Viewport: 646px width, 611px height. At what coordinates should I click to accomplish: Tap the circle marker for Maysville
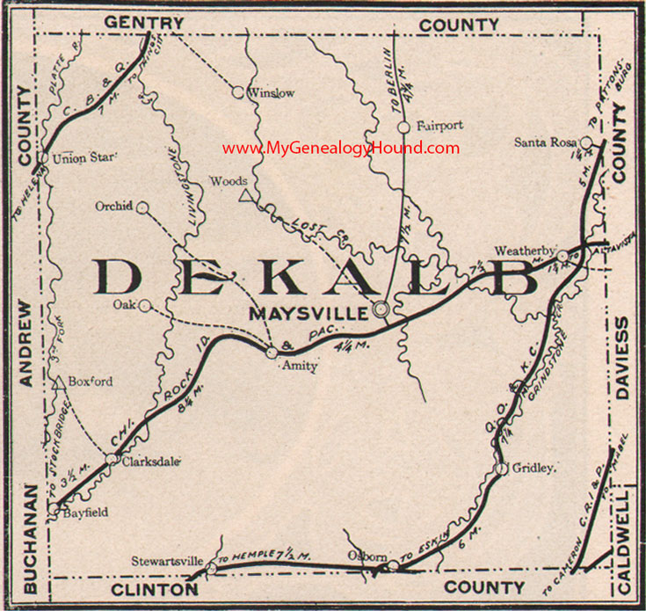coord(381,309)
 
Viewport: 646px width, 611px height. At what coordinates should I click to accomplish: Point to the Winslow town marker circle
coord(237,91)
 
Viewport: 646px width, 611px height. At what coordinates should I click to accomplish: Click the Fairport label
coord(440,126)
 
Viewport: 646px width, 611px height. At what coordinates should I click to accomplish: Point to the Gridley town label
coord(533,469)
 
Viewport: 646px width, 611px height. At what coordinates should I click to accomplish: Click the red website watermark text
coord(341,148)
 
